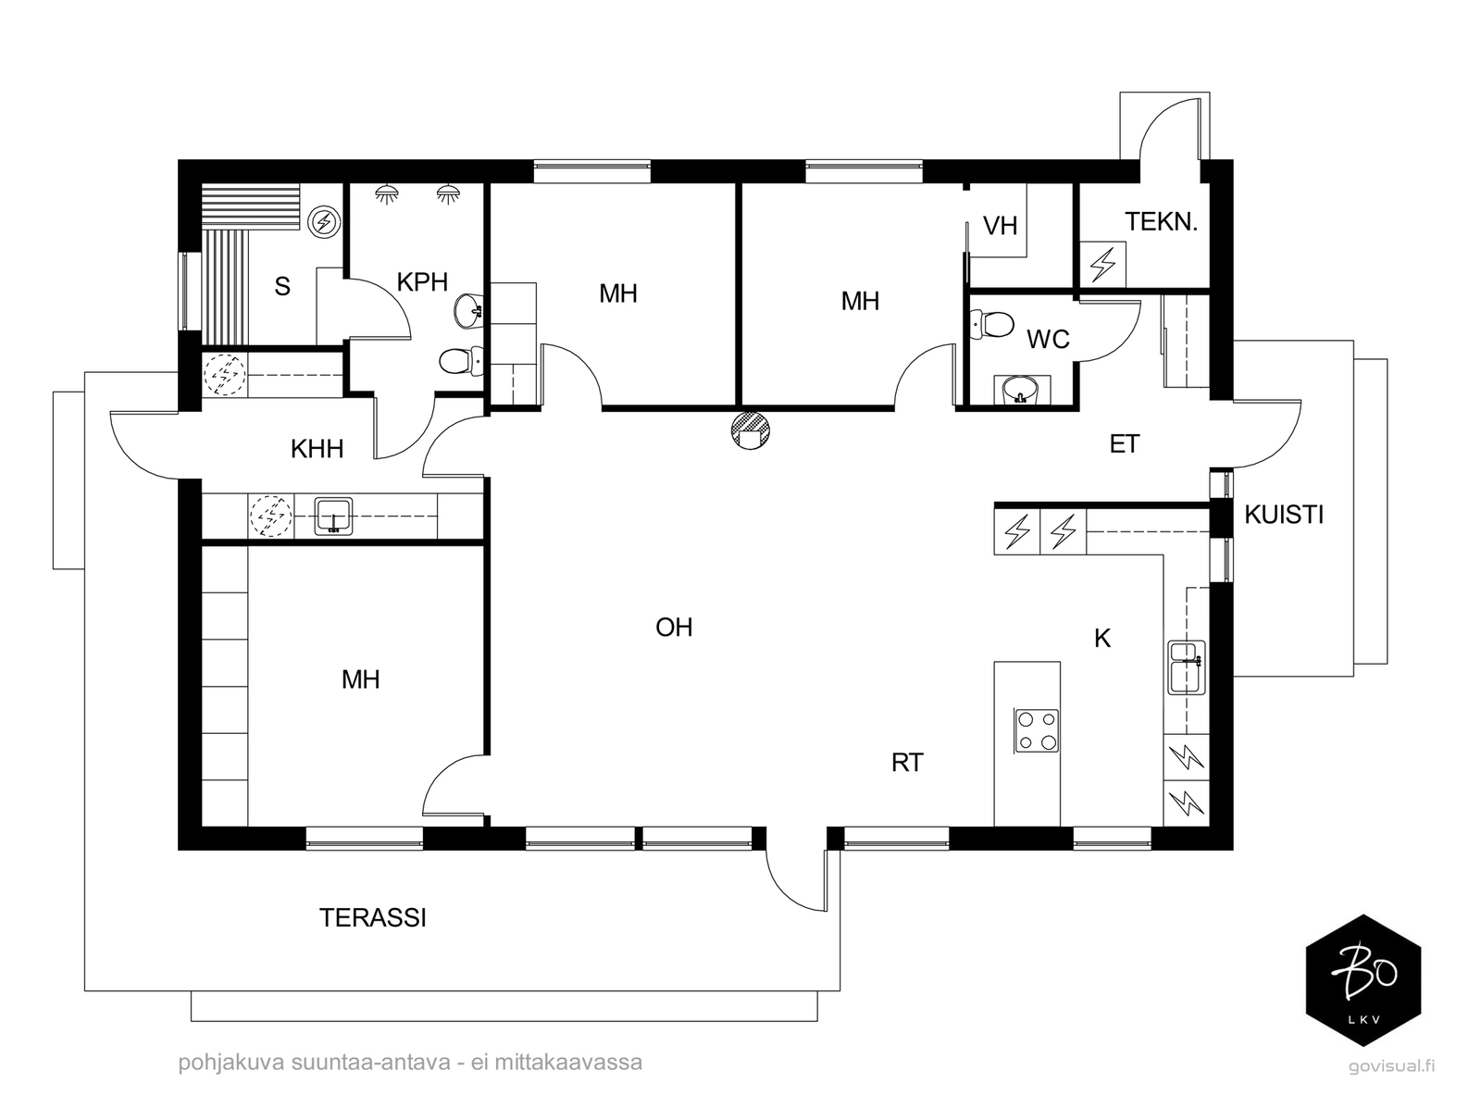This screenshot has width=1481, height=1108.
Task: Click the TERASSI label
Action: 372,917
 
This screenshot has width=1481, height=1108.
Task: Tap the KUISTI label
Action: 1283,515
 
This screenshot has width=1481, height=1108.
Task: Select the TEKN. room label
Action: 1161,222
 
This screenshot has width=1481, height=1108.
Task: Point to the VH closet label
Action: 1000,226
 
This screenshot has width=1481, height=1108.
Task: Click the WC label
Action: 1048,340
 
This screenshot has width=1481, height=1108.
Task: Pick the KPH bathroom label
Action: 422,282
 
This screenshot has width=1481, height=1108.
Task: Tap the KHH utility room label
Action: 317,449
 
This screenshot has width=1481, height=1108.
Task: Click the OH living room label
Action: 674,628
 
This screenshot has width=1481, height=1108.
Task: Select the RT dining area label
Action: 907,763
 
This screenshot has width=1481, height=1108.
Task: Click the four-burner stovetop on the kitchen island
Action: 1037,731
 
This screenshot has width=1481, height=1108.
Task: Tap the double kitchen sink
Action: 1186,667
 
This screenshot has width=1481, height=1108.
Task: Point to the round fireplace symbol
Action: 751,430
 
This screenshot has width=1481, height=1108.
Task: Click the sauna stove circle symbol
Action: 325,221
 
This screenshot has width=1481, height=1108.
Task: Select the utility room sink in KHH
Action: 333,517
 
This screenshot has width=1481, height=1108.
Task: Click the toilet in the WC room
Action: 991,325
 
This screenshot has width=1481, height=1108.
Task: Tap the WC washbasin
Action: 1021,390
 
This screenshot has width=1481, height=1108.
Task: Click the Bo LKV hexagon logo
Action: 1363,980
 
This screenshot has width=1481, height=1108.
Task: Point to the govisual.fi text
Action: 1392,1067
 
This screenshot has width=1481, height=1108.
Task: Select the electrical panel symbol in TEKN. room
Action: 1103,265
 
